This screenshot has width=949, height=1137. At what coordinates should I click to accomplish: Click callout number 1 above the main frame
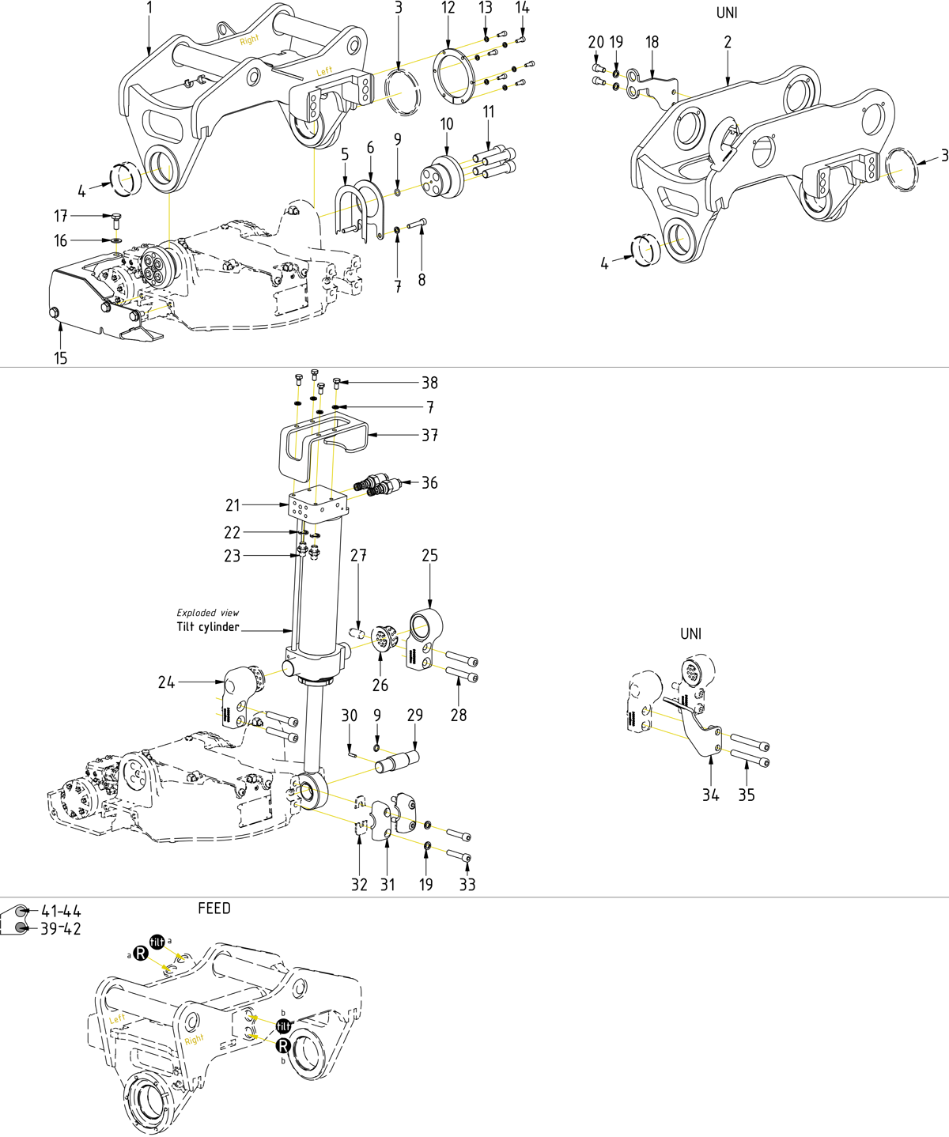click(x=149, y=9)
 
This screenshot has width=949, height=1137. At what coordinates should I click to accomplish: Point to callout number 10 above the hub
click(x=447, y=124)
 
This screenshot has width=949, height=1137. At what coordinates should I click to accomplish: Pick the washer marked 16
click(x=116, y=240)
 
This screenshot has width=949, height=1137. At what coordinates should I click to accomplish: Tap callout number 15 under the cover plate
click(x=61, y=358)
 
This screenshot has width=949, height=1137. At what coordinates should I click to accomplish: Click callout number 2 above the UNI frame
click(x=728, y=42)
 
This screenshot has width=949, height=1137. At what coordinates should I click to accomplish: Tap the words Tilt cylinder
click(x=208, y=627)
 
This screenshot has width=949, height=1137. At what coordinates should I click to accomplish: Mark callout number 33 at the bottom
click(x=467, y=885)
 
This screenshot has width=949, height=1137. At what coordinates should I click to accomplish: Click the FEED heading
click(x=214, y=908)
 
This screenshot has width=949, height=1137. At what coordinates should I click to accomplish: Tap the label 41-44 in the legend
click(x=61, y=912)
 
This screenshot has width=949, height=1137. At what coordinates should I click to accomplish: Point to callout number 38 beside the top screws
click(x=429, y=383)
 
